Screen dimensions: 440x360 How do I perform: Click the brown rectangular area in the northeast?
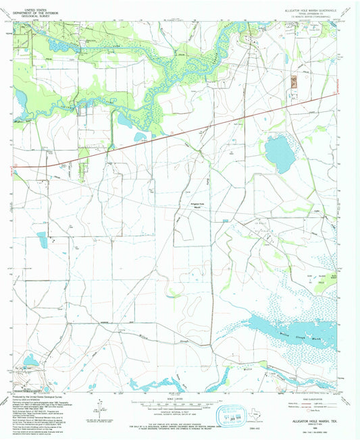[x=293, y=81]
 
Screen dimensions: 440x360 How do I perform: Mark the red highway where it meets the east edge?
[x=336, y=94]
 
